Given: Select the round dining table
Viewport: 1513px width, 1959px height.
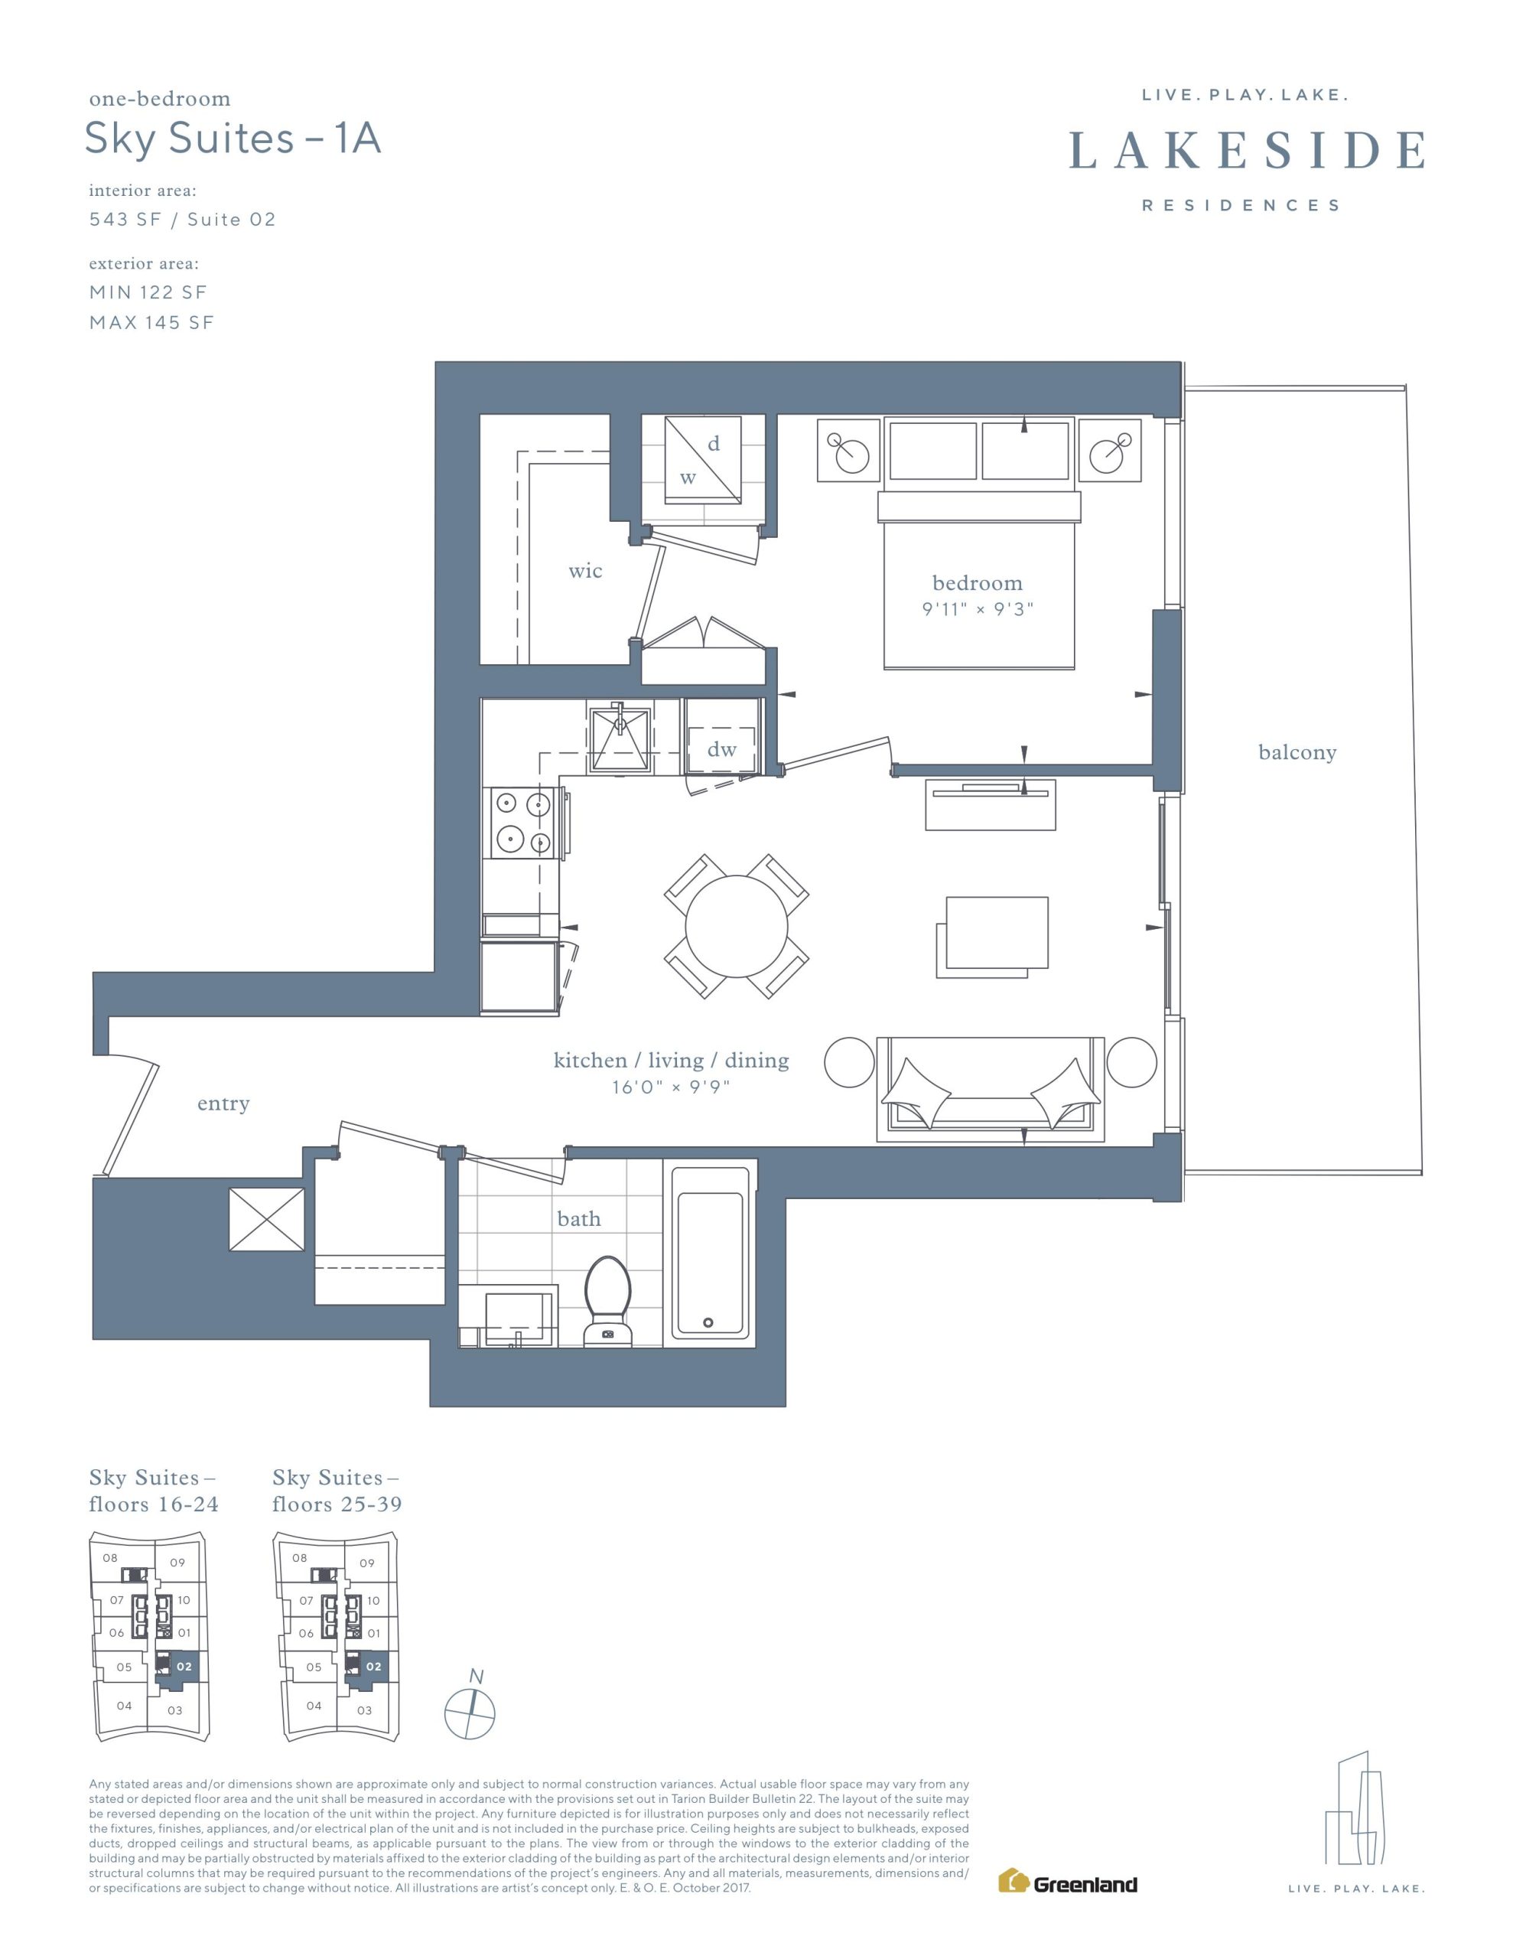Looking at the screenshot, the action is [x=737, y=926].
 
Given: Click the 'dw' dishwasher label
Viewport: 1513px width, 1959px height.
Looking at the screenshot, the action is [x=721, y=749].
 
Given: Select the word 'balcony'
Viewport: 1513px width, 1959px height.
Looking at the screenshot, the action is [x=1297, y=752].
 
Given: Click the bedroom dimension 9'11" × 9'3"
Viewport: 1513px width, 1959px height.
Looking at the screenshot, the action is [x=978, y=609].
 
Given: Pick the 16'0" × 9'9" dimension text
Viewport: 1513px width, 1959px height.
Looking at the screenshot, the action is [x=671, y=1087].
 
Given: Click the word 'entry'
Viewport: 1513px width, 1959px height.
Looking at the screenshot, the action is [x=223, y=1104].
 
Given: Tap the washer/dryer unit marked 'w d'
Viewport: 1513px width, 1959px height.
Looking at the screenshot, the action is [x=702, y=460].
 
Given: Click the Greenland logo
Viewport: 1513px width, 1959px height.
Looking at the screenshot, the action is [x=1067, y=1882].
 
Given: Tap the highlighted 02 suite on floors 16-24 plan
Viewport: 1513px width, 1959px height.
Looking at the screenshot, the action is [x=184, y=1667].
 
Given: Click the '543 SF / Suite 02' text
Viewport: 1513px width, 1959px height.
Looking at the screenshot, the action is [x=182, y=220].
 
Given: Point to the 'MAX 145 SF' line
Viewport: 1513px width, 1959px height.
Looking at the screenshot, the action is [x=151, y=323].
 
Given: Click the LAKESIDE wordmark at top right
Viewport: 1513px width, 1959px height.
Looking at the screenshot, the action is [x=1247, y=150].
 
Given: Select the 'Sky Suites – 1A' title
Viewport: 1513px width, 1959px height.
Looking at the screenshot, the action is [x=233, y=139].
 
